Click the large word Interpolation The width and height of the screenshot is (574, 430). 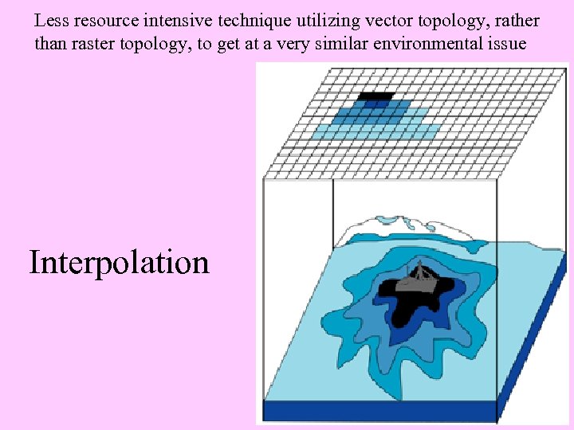click(x=120, y=262)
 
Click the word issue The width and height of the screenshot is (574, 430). click(x=508, y=44)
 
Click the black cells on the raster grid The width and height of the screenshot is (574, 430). click(x=375, y=97)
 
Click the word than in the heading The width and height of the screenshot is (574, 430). click(x=47, y=44)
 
